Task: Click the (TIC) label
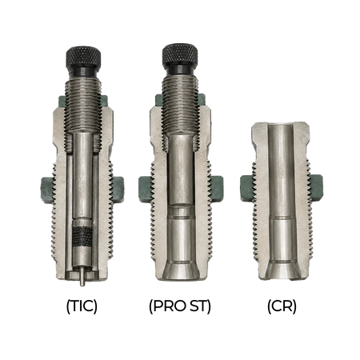[82, 306]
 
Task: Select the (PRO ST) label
[180, 306]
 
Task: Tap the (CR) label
[282, 306]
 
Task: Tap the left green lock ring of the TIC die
[46, 190]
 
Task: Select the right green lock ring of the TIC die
[118, 190]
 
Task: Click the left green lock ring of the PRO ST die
[145, 189]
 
